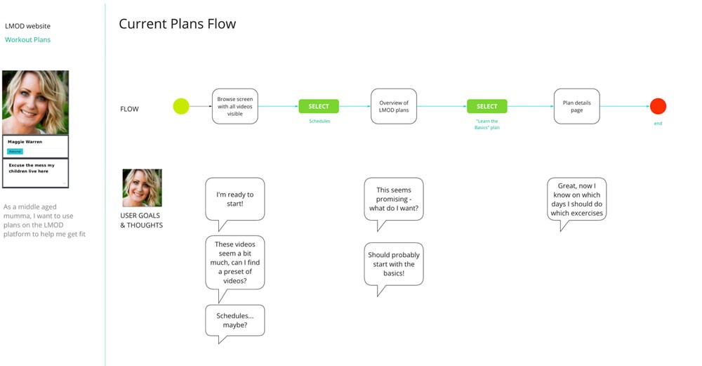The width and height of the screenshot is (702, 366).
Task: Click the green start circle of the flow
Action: coord(181,107)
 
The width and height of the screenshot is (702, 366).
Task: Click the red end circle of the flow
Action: coord(658,107)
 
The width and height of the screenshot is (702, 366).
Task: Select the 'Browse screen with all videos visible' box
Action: coord(235,107)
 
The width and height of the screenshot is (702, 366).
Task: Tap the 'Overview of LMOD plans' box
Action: coord(394,107)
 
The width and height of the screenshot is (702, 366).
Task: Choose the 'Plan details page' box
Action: coord(576,106)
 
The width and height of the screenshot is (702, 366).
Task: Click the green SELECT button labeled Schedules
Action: coord(319,107)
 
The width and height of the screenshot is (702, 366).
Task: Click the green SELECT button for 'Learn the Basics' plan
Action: coord(486,107)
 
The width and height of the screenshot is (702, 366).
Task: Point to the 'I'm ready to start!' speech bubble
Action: coord(234,199)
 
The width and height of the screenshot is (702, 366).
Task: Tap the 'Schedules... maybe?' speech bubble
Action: coord(234,320)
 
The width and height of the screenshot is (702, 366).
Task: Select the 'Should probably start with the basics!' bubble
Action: coord(394,263)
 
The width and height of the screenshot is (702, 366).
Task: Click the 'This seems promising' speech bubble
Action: coord(394,199)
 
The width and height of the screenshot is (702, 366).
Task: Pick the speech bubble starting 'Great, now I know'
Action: coord(576,200)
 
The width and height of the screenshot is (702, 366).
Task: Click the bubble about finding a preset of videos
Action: coord(234,263)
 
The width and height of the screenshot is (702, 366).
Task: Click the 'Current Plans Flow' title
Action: coord(177,24)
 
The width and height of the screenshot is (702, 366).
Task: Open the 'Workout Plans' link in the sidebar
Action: coord(28,40)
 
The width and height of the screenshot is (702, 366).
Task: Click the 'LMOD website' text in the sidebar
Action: coord(28,26)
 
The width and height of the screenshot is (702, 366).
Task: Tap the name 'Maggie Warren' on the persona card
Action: coord(25,142)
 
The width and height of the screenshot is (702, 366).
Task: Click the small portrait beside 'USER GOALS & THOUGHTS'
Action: coord(142,188)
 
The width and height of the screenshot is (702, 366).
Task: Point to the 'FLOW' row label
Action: coord(129,109)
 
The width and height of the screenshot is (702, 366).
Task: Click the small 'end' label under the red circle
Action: coord(658,124)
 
